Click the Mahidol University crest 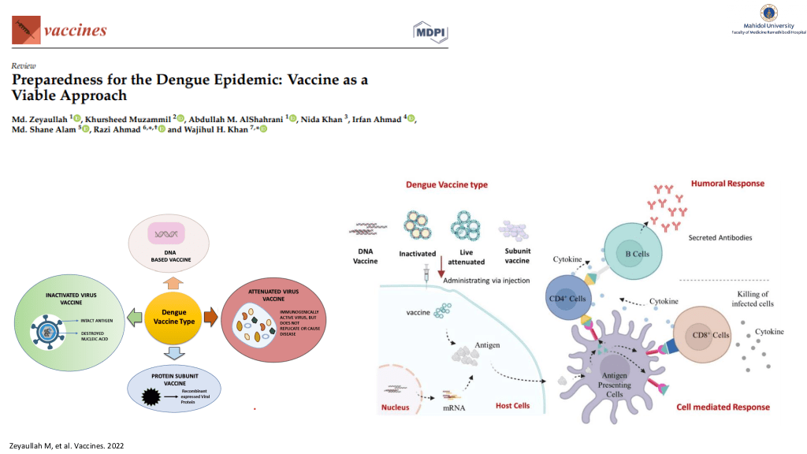768,13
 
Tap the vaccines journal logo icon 25,30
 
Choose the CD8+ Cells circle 707,335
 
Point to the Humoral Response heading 727,184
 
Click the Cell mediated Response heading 723,407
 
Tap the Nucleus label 396,407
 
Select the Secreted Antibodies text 720,237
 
